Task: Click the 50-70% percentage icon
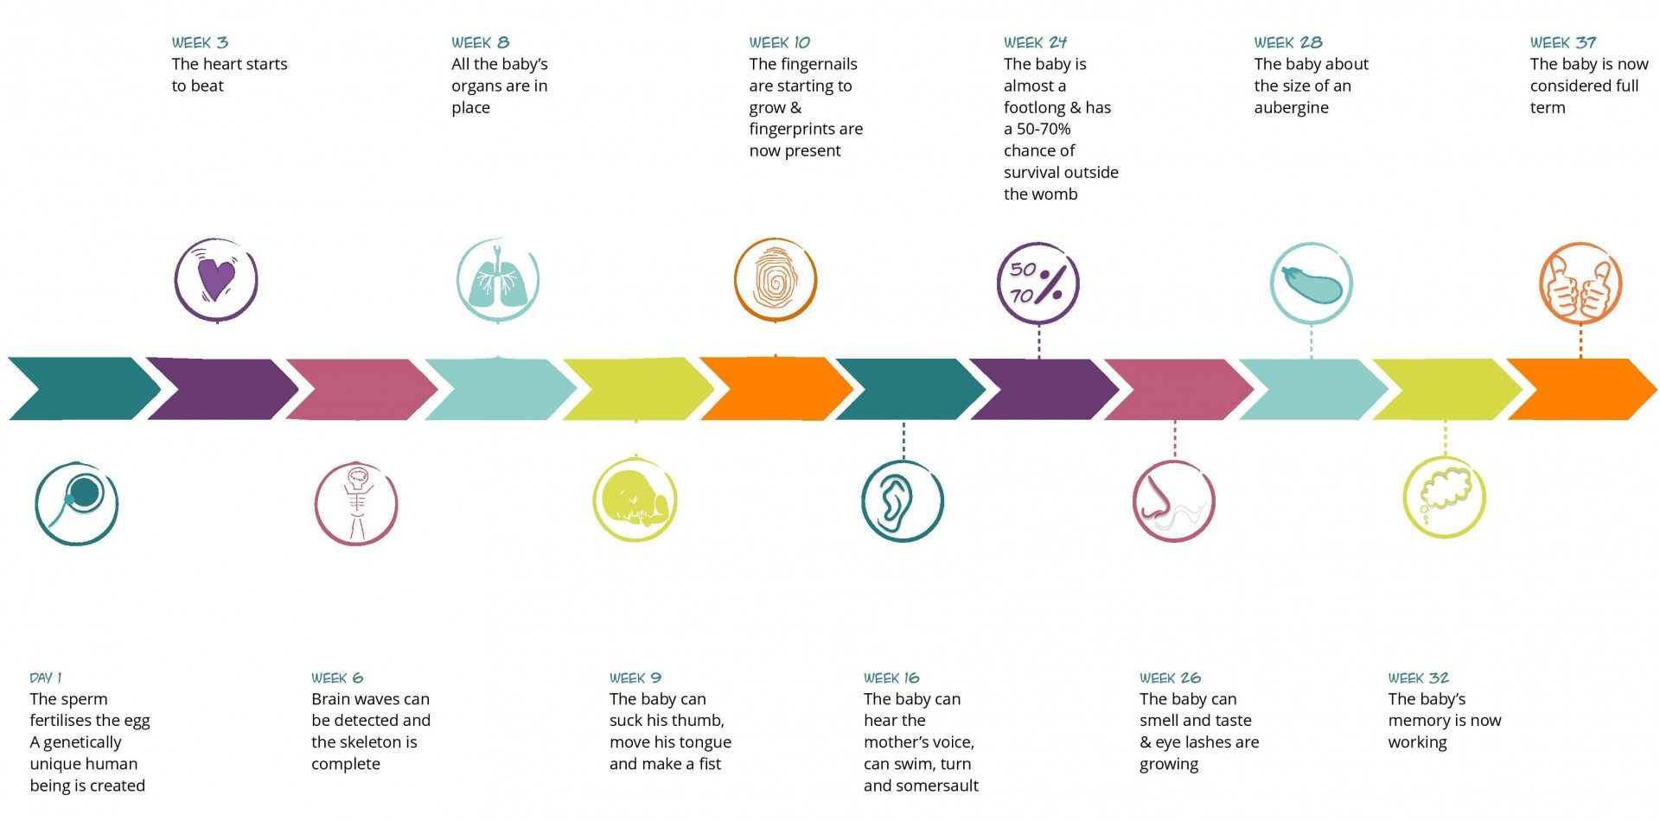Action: (1037, 283)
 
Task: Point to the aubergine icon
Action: (1312, 283)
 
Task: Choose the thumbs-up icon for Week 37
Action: (1580, 283)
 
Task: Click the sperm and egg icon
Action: (77, 504)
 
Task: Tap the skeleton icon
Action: (356, 504)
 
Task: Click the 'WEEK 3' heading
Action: (200, 42)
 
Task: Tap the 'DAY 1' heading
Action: (46, 678)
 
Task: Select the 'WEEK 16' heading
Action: (891, 678)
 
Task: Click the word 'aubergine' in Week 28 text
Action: (1291, 107)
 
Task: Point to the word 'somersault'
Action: (937, 786)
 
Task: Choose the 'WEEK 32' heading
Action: (1418, 678)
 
